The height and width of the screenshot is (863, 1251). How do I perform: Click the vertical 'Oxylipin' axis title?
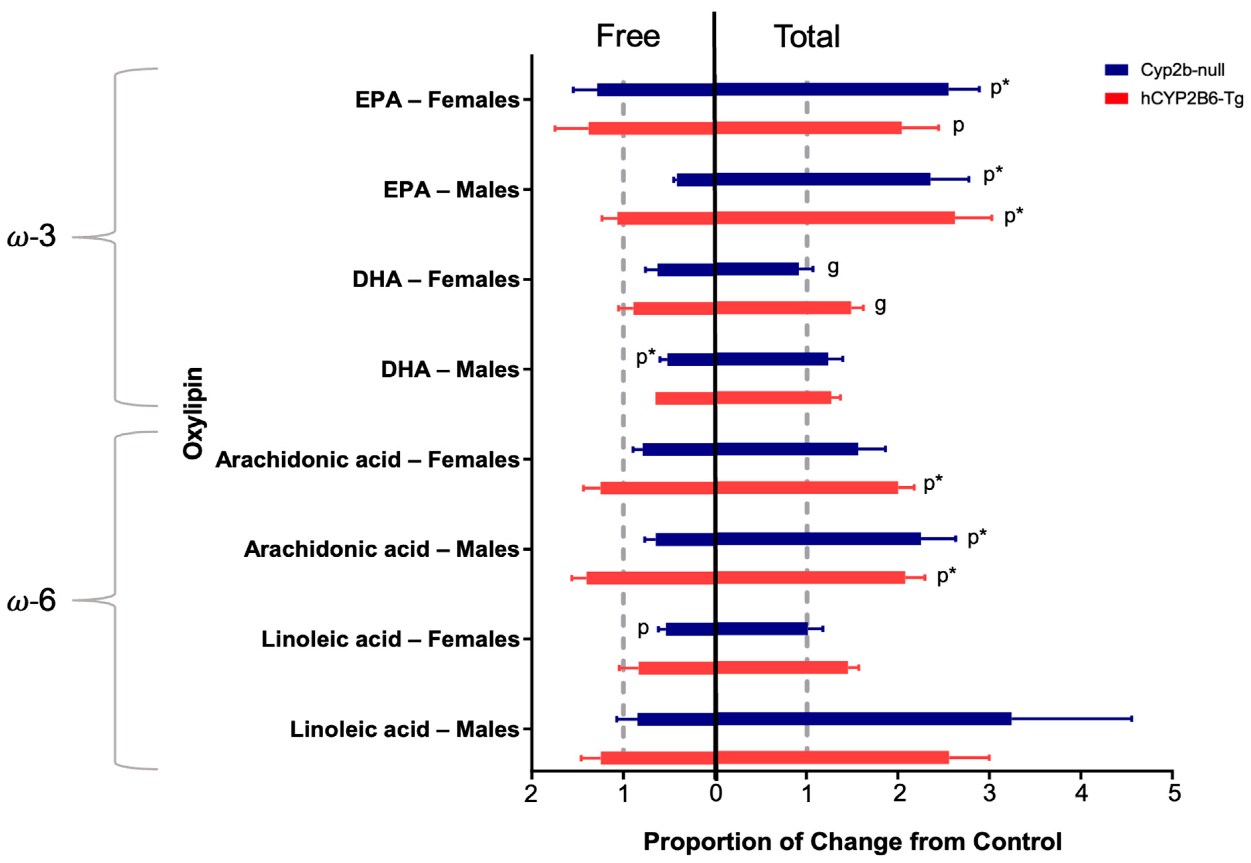coord(193,413)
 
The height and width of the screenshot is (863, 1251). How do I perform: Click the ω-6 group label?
coord(32,600)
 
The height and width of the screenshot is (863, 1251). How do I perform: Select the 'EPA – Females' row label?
coord(437,100)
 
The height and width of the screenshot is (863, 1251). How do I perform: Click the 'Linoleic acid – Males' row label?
coord(405,729)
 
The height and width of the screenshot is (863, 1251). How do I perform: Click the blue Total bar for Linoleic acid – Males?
coord(863,719)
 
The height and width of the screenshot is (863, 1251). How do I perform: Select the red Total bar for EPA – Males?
coord(835,218)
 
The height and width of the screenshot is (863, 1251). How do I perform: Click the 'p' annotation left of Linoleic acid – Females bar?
coord(642,628)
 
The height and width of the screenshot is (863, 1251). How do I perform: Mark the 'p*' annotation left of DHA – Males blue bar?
coord(645,356)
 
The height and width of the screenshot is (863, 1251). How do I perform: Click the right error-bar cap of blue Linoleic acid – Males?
coord(1132,719)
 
